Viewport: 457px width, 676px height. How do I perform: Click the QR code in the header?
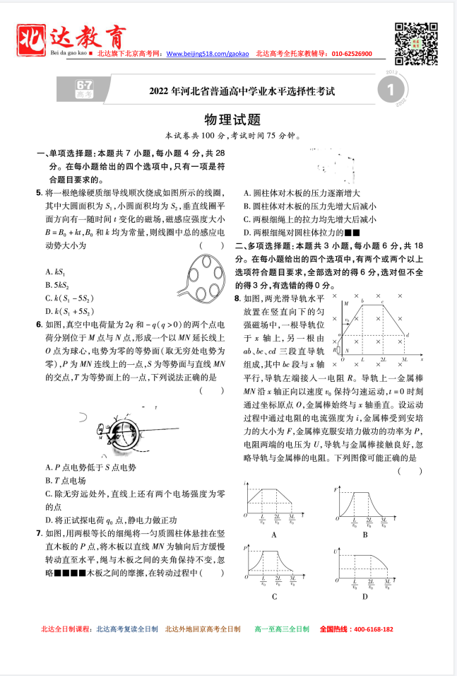(x=413, y=40)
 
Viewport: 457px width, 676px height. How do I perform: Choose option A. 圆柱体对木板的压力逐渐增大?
(x=302, y=192)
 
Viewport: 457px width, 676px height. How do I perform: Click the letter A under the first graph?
(x=273, y=535)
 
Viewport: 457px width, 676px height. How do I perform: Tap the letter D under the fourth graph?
(x=365, y=597)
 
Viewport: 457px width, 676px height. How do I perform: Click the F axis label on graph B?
(x=336, y=489)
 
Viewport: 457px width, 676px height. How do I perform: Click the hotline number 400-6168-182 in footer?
(x=367, y=629)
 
